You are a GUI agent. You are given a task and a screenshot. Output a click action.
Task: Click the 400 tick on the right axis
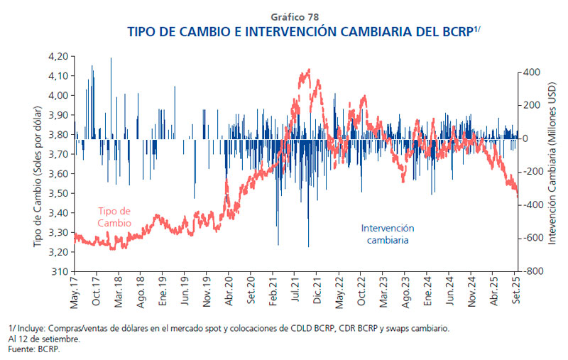pyautogui.click(x=532, y=72)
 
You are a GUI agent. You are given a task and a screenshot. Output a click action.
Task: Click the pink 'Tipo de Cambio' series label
pyautogui.click(x=114, y=217)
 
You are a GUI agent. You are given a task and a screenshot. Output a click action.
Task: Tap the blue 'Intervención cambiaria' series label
pyautogui.click(x=388, y=234)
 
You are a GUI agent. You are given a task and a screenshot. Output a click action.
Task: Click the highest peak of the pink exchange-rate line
pyautogui.click(x=307, y=70)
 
